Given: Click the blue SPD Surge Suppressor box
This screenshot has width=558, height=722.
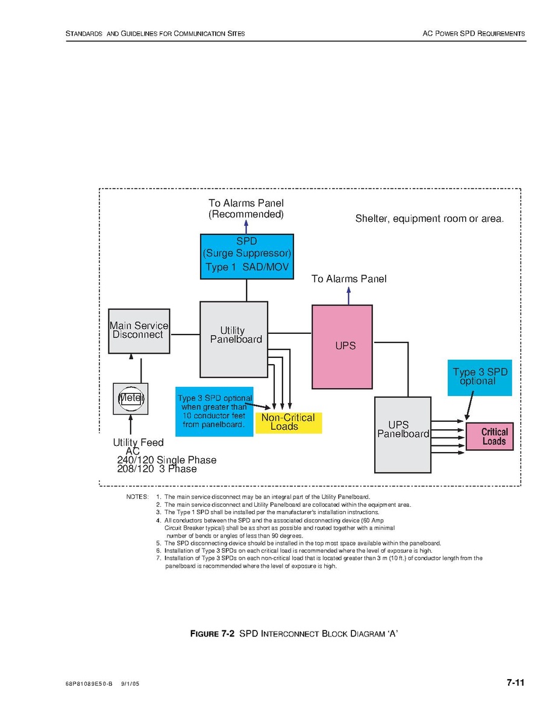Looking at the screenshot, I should (x=247, y=257).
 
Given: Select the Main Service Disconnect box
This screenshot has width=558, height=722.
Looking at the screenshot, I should (x=139, y=331).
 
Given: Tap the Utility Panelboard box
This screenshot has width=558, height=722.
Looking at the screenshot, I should (x=234, y=339).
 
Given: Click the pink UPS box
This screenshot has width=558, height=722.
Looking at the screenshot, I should (x=342, y=347).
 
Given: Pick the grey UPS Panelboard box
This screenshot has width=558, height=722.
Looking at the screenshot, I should (x=403, y=435).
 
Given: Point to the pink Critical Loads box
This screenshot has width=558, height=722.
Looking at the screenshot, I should (x=489, y=436).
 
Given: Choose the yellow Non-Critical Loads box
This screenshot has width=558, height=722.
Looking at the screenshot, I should (x=288, y=422).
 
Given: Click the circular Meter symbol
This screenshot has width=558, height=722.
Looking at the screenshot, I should (x=130, y=398).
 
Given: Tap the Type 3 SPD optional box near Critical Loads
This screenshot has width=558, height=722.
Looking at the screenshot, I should (x=480, y=377).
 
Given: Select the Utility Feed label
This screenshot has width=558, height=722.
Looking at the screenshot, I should (x=138, y=443).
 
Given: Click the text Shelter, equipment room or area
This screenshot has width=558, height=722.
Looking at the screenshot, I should (x=429, y=219).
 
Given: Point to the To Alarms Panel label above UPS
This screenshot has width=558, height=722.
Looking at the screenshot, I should (x=349, y=279).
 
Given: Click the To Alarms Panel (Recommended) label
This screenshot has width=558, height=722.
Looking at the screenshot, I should (x=246, y=209).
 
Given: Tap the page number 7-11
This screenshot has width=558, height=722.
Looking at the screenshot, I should (x=515, y=683).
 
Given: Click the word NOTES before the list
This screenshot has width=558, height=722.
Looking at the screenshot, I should (x=137, y=497).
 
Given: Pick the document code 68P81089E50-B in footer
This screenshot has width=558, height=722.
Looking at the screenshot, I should (x=89, y=685).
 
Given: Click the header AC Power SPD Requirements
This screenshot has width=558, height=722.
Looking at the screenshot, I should (x=474, y=34).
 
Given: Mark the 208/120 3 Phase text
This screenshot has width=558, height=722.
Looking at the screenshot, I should (x=157, y=469).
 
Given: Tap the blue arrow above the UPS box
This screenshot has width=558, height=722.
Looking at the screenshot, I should (x=349, y=295).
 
